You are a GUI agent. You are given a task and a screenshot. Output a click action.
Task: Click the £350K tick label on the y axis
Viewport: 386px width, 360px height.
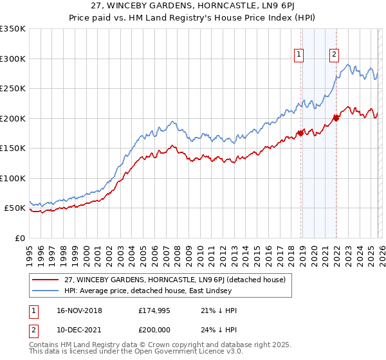click(13, 29)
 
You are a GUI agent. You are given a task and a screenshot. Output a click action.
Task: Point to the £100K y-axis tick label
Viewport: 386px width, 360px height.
click(13, 178)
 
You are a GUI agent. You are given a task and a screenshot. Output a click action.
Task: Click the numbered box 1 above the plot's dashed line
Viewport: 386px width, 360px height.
click(300, 55)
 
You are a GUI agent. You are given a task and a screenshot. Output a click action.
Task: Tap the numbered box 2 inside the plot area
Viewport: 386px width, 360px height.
click(335, 55)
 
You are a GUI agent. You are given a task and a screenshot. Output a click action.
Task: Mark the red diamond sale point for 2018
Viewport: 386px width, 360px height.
click(300, 133)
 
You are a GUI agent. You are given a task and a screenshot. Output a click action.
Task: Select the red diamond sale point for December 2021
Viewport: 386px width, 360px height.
click(335, 118)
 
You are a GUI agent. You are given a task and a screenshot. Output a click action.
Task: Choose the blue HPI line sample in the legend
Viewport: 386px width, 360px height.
click(46, 291)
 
